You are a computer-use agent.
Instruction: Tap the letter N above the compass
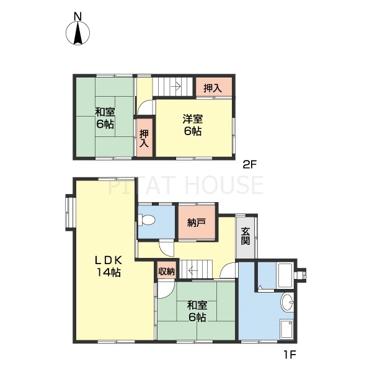click(77, 15)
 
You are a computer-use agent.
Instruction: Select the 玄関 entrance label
click(246, 236)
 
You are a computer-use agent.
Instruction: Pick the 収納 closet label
click(166, 271)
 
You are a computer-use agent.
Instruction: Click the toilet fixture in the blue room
click(147, 220)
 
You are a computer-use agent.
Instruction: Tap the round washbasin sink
click(287, 303)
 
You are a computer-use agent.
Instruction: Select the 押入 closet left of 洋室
click(144, 138)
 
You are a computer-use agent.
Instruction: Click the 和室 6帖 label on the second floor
click(104, 118)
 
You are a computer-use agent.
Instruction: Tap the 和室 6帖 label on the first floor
click(197, 311)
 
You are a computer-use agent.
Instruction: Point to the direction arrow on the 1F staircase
click(194, 270)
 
